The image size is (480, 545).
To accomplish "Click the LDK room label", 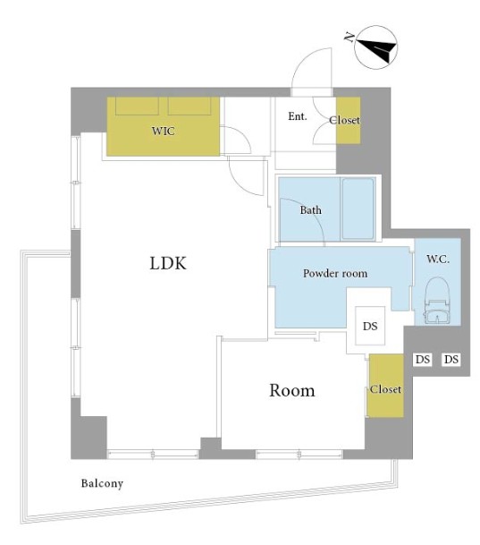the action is click(168, 263).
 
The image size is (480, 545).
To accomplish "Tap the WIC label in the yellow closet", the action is click(163, 131).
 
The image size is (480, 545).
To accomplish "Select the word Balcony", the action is click(102, 483).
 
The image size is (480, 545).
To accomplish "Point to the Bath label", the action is click(311, 210).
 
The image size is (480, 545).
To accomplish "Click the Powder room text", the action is click(335, 273).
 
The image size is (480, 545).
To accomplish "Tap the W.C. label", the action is click(438, 259).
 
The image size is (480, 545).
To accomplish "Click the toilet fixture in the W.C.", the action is click(437, 301).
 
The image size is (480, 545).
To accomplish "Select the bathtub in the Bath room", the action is click(358, 209).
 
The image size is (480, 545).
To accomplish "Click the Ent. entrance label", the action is click(298, 116).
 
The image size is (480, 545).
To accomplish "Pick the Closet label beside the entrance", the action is click(344, 120).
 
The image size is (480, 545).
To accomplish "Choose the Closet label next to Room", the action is click(385, 389).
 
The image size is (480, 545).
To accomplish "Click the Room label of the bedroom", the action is click(292, 390).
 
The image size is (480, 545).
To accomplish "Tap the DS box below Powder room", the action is click(370, 326).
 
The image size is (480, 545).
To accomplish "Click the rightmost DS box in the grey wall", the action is click(451, 359).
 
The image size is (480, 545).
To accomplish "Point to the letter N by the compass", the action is click(349, 37).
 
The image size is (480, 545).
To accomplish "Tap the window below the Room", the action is click(299, 455).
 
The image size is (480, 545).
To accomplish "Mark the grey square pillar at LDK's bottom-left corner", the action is click(88, 438).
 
